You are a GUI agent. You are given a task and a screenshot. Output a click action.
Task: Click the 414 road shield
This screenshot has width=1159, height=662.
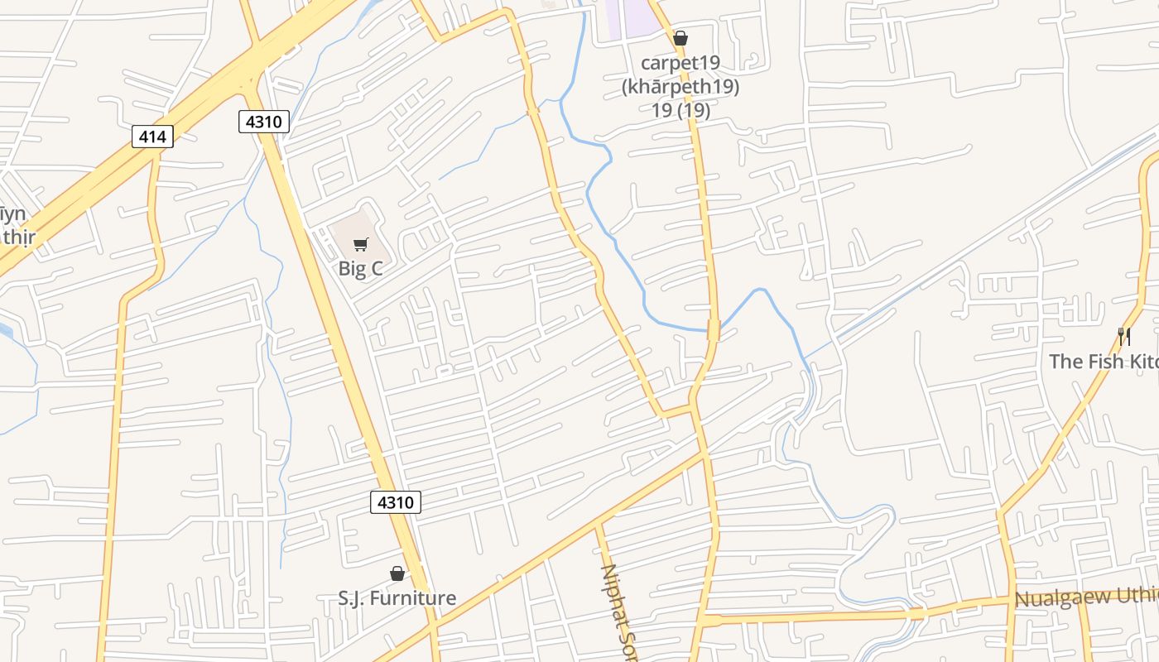152,137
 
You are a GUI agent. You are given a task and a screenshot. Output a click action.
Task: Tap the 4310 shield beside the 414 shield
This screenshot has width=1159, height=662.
264,122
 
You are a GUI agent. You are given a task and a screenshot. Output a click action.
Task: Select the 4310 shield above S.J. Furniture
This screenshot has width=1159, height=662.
395,501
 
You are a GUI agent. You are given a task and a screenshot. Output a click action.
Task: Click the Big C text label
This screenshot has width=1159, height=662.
360,269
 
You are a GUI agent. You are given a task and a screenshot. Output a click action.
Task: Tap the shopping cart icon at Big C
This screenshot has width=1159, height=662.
360,244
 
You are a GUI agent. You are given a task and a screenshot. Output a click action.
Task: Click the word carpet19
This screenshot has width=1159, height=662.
680,63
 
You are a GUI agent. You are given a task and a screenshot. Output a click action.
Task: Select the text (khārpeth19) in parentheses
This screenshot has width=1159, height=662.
680,86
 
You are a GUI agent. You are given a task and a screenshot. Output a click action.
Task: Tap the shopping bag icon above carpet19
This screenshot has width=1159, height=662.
680,38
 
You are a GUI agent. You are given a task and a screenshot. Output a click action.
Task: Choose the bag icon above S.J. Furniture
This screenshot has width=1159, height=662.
397,573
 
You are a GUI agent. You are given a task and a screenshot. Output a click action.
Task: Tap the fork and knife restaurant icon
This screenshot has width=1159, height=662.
1124,337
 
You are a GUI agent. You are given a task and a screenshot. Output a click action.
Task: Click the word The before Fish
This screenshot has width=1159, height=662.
1066,362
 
